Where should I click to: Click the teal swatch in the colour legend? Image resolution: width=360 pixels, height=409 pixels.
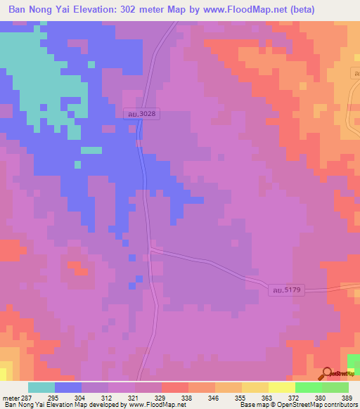click(41, 387)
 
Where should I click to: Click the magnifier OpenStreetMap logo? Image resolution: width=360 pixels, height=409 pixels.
click(326, 375)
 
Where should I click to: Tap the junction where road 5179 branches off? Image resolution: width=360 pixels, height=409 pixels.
click(150, 247)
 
